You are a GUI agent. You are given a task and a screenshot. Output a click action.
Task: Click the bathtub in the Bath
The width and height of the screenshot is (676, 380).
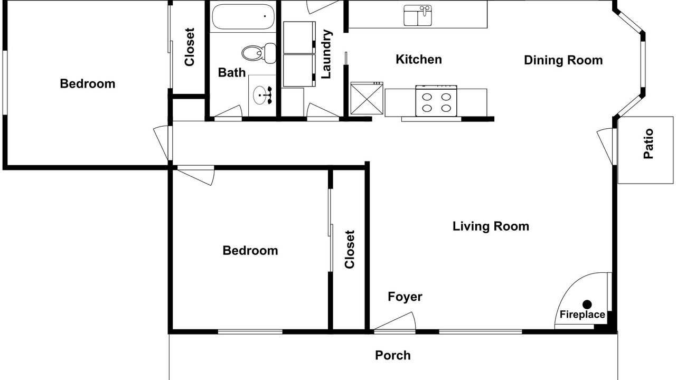tap(243, 16)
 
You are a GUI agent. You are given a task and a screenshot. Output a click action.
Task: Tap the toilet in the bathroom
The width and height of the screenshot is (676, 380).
tap(259, 53)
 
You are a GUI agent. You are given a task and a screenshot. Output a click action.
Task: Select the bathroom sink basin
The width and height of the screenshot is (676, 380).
tap(260, 96)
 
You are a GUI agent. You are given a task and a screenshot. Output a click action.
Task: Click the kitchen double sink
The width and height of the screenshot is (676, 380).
tap(418, 15)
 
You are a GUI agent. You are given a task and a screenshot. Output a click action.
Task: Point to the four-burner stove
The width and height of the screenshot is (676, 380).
tap(436, 101)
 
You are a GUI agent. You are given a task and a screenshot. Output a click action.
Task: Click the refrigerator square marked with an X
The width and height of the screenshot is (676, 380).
tap(367, 98)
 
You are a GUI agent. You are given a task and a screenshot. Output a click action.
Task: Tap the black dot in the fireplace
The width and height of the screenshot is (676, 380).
tap(587, 304)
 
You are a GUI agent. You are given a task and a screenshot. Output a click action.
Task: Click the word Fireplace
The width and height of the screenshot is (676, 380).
tap(582, 315)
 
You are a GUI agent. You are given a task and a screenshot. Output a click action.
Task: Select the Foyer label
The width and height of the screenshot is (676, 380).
tap(405, 297)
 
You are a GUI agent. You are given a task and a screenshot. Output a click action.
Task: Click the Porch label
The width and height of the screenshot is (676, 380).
tap(392, 355)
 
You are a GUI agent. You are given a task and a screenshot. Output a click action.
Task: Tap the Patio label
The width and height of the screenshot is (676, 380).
tap(648, 144)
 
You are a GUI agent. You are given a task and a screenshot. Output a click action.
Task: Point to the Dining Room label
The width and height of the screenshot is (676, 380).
tap(563, 60)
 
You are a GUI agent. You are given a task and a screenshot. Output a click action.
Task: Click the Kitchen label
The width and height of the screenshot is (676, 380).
tap(419, 60)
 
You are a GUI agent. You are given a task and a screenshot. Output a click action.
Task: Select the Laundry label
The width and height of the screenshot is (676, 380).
tap(326, 54)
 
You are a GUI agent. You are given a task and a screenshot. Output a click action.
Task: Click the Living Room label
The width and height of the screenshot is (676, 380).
tap(491, 226)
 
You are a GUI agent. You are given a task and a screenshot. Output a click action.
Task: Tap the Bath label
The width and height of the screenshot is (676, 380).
tap(231, 72)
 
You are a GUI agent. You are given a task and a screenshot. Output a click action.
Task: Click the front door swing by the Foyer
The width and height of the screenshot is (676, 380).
tap(396, 321)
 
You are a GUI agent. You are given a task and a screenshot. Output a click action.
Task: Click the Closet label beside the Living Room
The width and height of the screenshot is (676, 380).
tap(350, 250)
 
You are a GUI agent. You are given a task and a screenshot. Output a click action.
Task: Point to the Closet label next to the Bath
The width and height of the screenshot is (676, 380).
tap(190, 47)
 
